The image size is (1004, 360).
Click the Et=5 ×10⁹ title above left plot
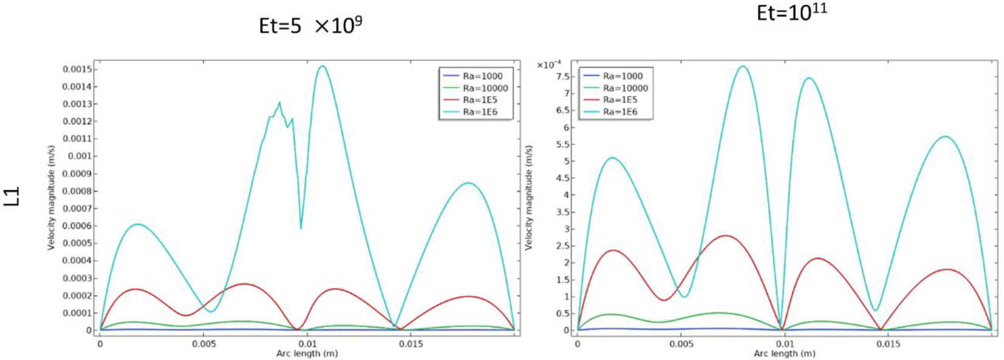[310, 26]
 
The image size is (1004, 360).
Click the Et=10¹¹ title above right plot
[791, 12]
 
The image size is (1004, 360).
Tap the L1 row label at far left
[13, 196]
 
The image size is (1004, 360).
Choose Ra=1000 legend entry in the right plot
[622, 76]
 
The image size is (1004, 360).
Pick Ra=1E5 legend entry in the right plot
[620, 100]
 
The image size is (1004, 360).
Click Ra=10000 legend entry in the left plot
[485, 88]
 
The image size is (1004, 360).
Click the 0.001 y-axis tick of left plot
[80, 156]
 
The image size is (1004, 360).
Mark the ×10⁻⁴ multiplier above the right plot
[549, 65]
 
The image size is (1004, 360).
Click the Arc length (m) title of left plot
[307, 353]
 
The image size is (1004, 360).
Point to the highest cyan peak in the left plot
[322, 66]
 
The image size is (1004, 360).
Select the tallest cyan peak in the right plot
[743, 66]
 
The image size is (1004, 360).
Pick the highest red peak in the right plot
[725, 235]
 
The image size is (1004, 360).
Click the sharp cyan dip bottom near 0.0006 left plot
[300, 228]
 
